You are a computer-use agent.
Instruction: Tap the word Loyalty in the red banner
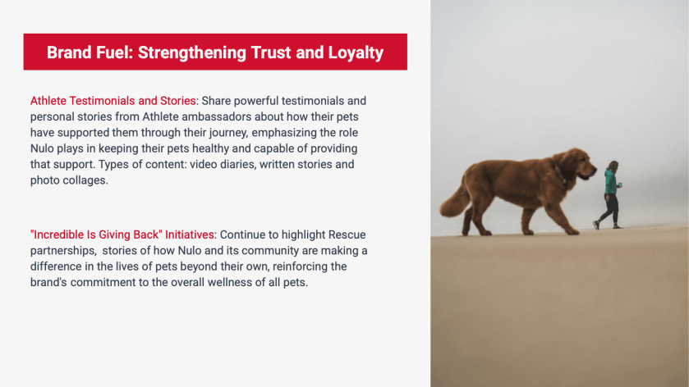(x=356, y=53)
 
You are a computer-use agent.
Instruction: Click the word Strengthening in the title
(x=192, y=53)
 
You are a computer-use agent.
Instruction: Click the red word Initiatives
(x=190, y=234)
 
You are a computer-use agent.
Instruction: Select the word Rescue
(x=347, y=234)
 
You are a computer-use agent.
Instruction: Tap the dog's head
(x=576, y=165)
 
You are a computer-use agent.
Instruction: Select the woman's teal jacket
(x=610, y=181)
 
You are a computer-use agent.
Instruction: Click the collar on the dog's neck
(x=559, y=174)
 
